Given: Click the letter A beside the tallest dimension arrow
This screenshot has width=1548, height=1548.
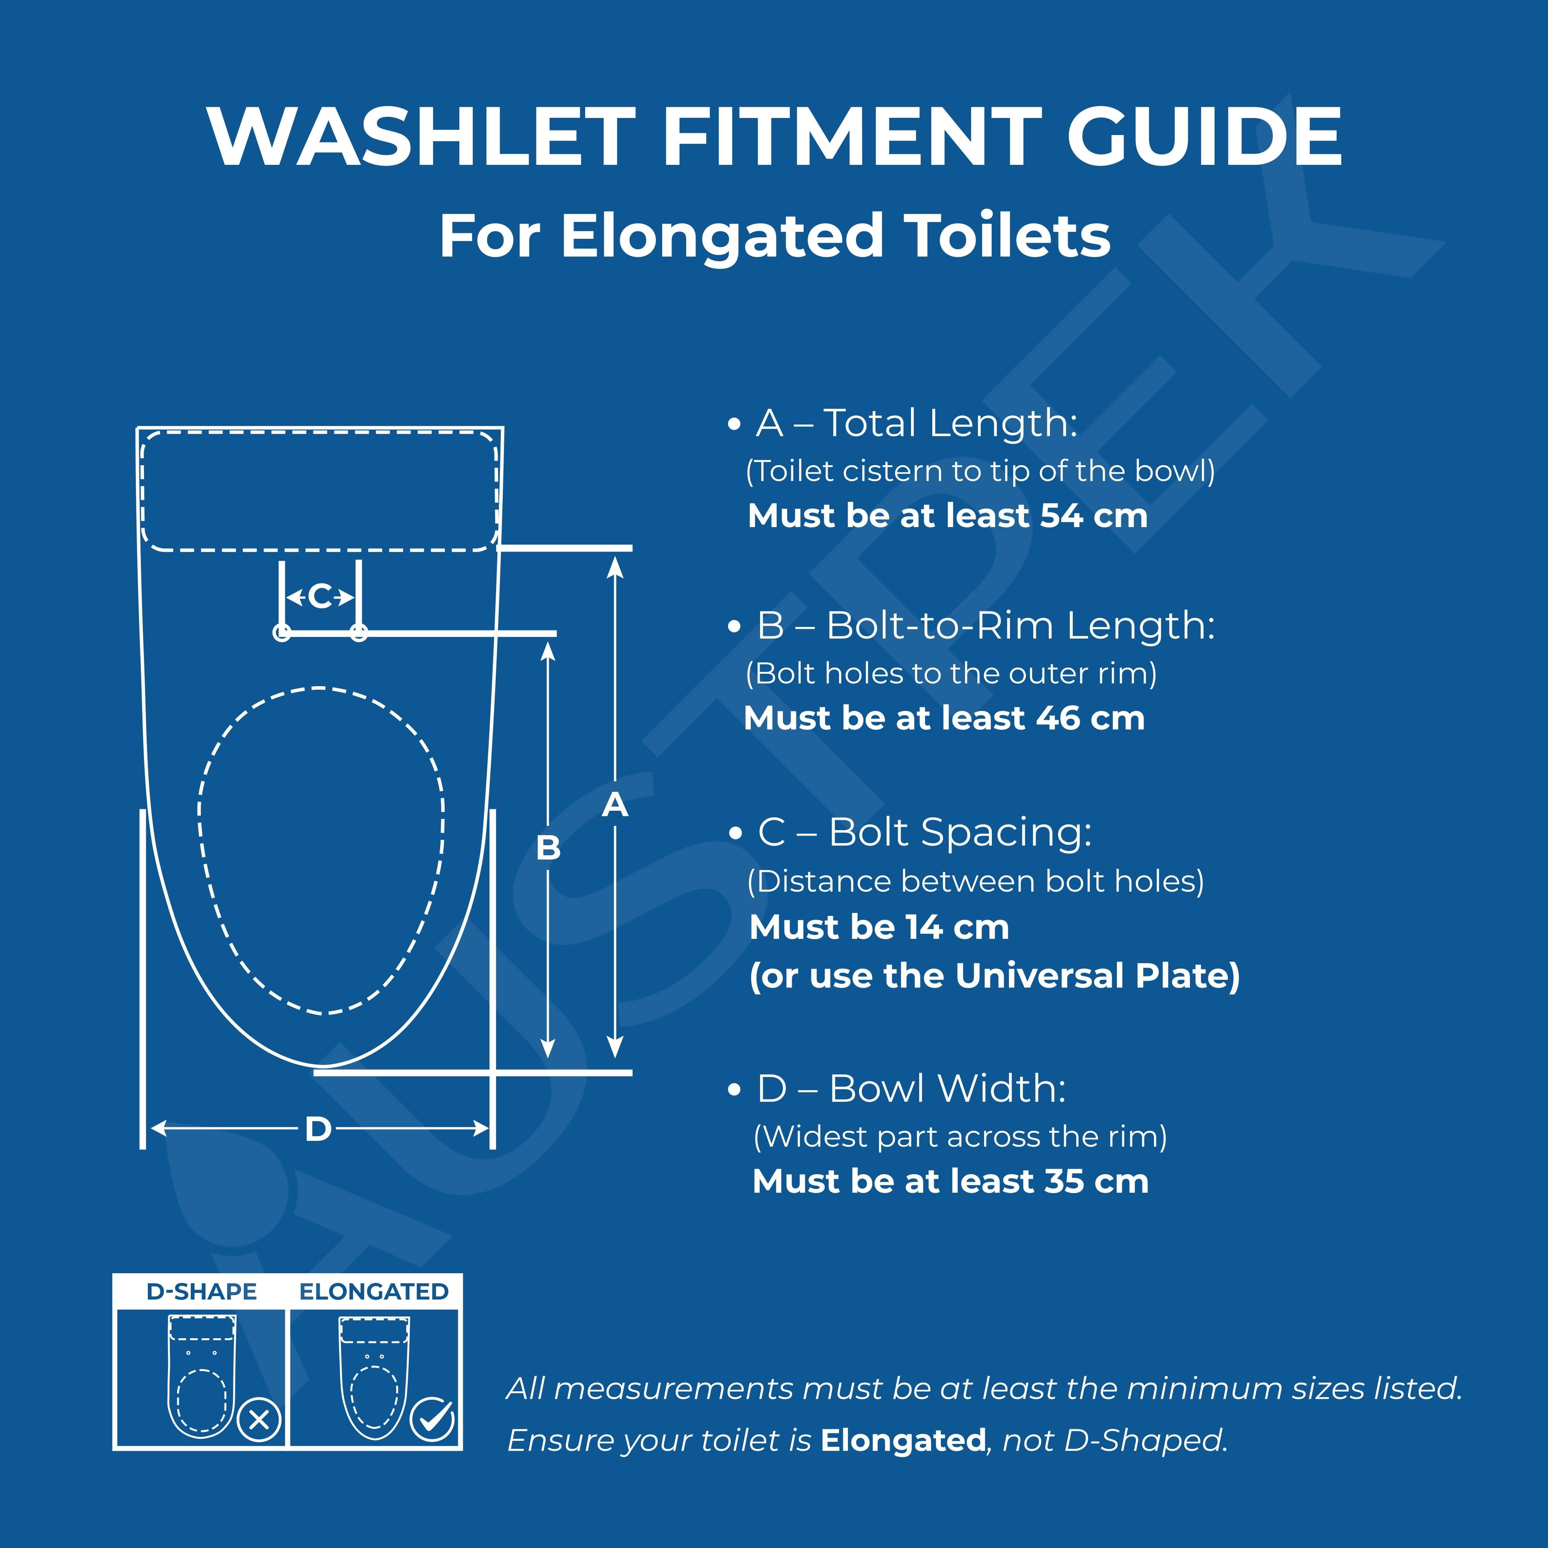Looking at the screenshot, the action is pos(615,805).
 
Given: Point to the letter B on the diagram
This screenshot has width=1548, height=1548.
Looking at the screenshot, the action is pos(548,848).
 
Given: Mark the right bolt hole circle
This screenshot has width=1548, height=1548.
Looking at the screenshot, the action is pos(359,633).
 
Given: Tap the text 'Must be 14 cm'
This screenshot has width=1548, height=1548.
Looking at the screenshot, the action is pos(879,927).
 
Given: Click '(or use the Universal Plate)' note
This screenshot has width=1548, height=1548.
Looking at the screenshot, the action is pos(994,976).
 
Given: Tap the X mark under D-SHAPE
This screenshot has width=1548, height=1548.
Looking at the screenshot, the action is pos(259,1421).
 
